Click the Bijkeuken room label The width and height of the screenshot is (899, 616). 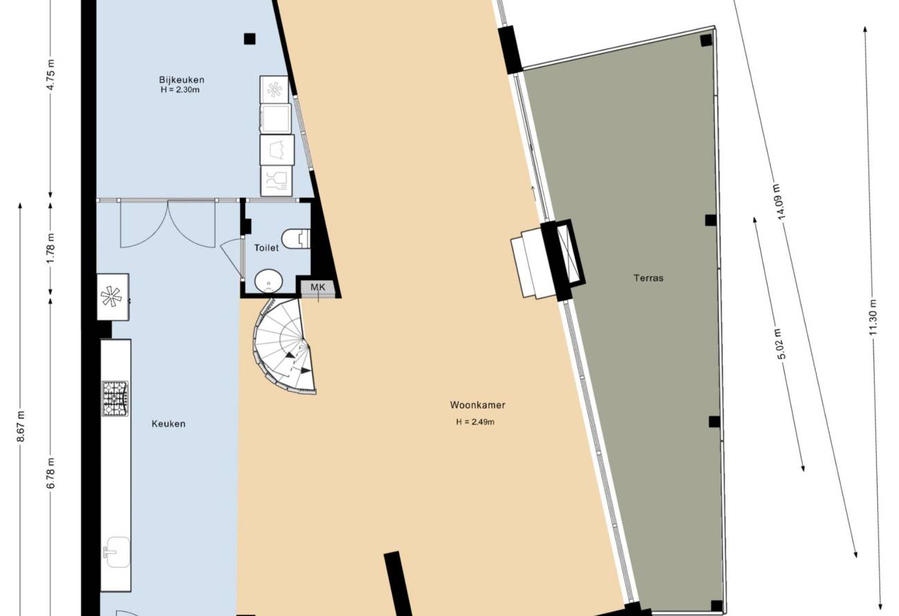tap(181, 80)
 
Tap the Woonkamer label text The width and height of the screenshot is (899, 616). tap(478, 405)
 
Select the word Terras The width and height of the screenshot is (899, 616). tap(649, 278)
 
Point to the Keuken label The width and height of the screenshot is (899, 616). tap(169, 424)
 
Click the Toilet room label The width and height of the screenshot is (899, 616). tap(266, 248)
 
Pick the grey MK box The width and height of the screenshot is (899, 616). tap(318, 287)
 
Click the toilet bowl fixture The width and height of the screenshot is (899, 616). tap(296, 239)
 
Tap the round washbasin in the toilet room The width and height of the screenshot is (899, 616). tap(268, 280)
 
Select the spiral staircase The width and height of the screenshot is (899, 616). tap(283, 347)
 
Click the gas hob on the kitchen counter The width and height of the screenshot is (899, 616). tap(115, 399)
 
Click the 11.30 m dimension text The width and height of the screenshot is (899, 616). tap(873, 317)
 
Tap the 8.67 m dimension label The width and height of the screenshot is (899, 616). tap(21, 426)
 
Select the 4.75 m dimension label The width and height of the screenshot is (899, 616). tap(51, 75)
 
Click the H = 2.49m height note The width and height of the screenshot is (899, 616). tap(475, 422)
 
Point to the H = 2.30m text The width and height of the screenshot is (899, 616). tap(180, 90)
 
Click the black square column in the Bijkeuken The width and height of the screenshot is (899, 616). tap(250, 39)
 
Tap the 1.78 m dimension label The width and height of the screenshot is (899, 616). tap(51, 248)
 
